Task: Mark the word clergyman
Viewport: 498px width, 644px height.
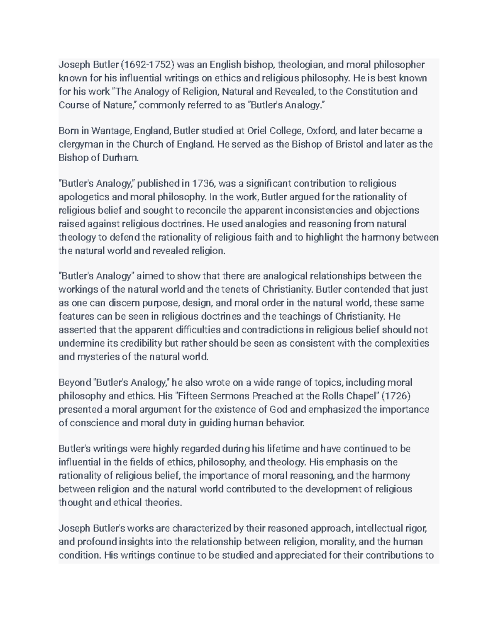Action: click(83, 145)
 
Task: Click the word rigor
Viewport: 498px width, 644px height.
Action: click(415, 529)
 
